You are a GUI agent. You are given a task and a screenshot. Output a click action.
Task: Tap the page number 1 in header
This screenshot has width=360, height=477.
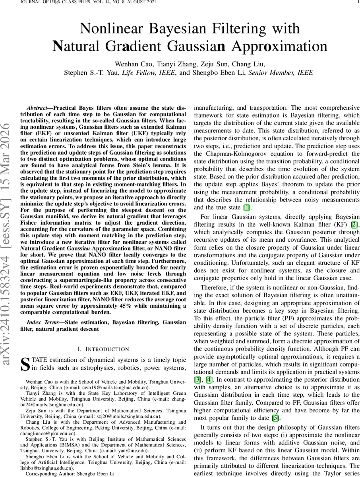358,2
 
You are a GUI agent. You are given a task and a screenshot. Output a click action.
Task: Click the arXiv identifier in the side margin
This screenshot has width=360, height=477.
7,238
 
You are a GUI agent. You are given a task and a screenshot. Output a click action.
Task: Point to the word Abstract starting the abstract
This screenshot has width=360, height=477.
38,108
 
